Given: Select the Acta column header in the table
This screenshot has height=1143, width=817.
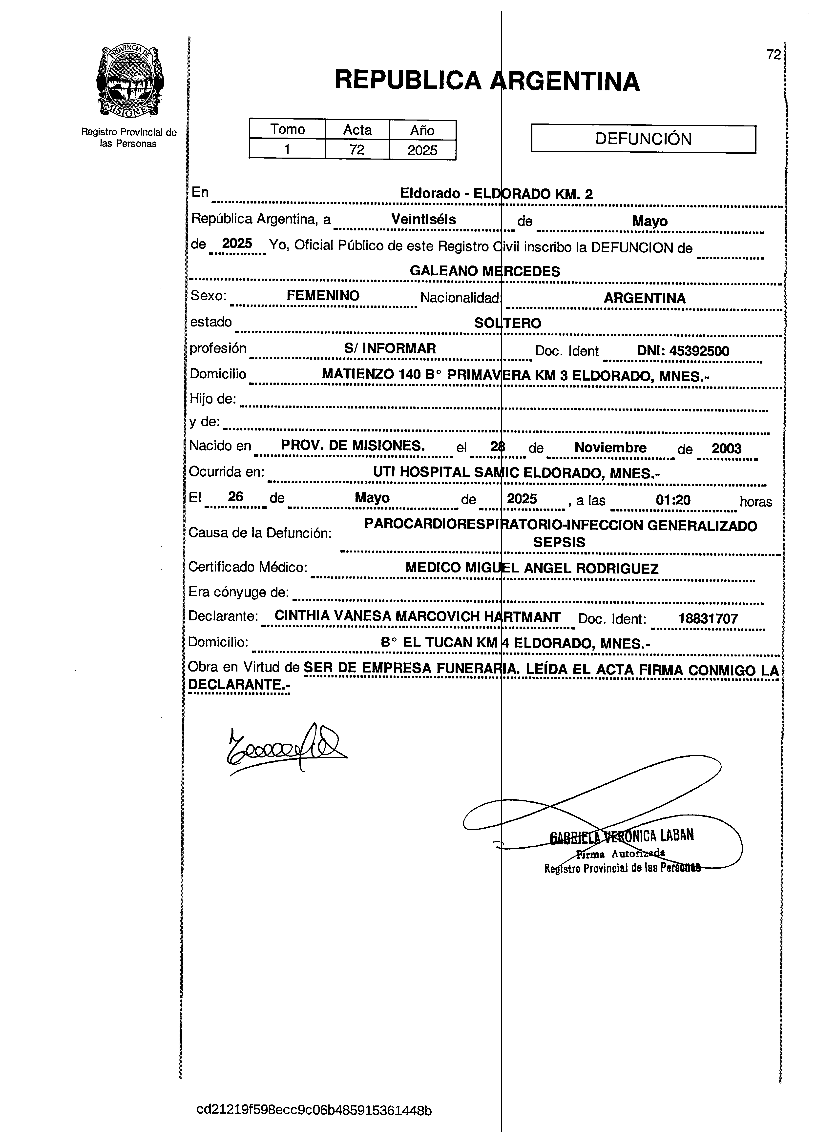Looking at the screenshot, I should coord(357,130).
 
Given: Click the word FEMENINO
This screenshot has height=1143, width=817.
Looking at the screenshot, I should coord(323,296).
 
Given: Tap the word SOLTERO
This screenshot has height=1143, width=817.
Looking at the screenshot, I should coord(507,323).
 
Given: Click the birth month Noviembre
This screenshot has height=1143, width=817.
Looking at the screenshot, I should coord(610,448).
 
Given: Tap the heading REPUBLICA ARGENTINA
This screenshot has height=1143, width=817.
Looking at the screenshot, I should coord(487,81).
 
